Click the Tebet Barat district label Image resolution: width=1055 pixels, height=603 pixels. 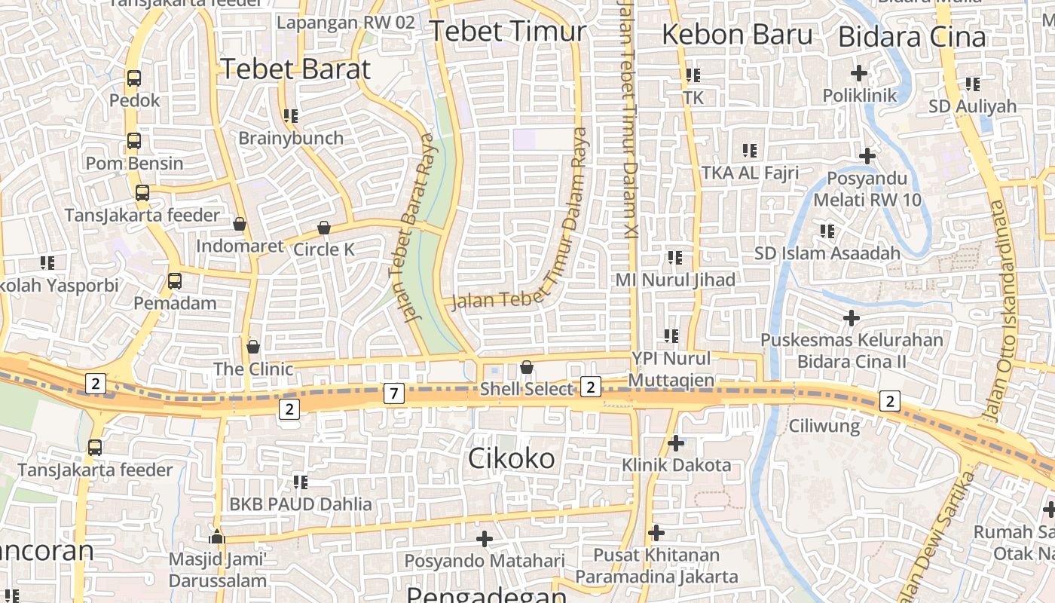[x=295, y=69]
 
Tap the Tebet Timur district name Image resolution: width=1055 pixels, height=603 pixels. [x=507, y=31]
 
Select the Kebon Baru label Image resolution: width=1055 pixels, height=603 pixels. [x=737, y=35]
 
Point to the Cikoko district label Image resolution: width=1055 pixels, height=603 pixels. [x=512, y=458]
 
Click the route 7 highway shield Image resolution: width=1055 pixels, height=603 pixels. [x=393, y=393]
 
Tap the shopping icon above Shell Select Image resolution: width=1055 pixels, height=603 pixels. [x=527, y=367]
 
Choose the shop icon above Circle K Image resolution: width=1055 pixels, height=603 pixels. [x=324, y=227]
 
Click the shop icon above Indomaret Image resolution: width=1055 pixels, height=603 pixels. [x=240, y=224]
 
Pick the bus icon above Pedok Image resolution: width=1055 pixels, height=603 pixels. [x=134, y=78]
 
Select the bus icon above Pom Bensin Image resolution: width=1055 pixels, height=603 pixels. [x=134, y=140]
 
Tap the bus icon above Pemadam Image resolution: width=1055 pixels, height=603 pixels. [x=174, y=281]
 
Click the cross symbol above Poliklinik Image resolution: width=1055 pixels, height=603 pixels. [x=858, y=73]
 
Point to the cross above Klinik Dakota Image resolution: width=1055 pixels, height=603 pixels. [x=676, y=442]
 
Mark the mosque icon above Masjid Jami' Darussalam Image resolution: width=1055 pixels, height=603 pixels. [x=217, y=537]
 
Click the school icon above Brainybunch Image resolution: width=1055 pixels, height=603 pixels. [x=290, y=115]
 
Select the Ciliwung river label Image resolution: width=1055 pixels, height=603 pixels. [x=824, y=426]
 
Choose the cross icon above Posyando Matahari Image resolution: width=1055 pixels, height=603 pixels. [x=485, y=538]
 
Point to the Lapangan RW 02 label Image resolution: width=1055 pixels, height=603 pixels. [x=346, y=23]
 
